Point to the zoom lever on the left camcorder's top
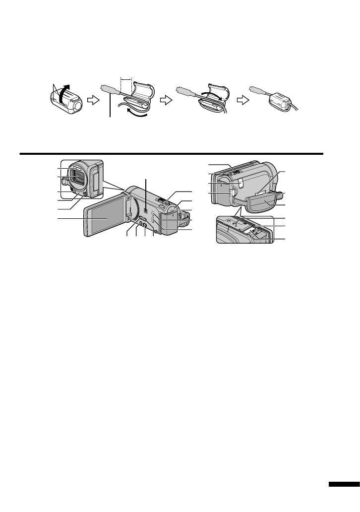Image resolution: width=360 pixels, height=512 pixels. coord(160,201)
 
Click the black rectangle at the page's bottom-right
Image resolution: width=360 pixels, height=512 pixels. coord(343,485)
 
